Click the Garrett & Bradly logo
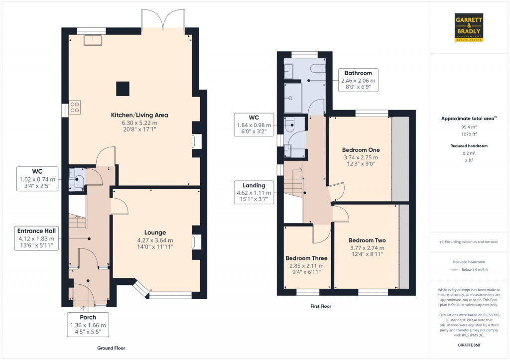pyautogui.click(x=469, y=28)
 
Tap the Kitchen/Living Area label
pyautogui.click(x=139, y=115)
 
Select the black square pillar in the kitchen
pyautogui.click(x=123, y=89)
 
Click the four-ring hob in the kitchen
pyautogui.click(x=75, y=108)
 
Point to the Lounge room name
pyautogui.click(x=155, y=233)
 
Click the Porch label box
pyautogui.click(x=88, y=325)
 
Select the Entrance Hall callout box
pyautogui.click(x=36, y=239)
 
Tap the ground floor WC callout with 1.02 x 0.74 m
pyautogui.click(x=37, y=179)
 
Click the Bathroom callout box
pyautogui.click(x=358, y=80)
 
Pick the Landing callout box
pyautogui.click(x=254, y=192)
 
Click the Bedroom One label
pyautogui.click(x=361, y=150)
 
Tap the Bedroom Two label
pyautogui.click(x=367, y=240)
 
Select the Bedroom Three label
pyautogui.click(x=306, y=258)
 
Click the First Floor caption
pyautogui.click(x=321, y=306)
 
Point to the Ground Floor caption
pyautogui.click(x=111, y=348)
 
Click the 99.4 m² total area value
pyautogui.click(x=469, y=127)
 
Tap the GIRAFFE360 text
pyautogui.click(x=469, y=345)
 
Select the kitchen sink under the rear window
pyautogui.click(x=93, y=40)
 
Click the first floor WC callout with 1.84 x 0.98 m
pyautogui.click(x=254, y=124)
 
